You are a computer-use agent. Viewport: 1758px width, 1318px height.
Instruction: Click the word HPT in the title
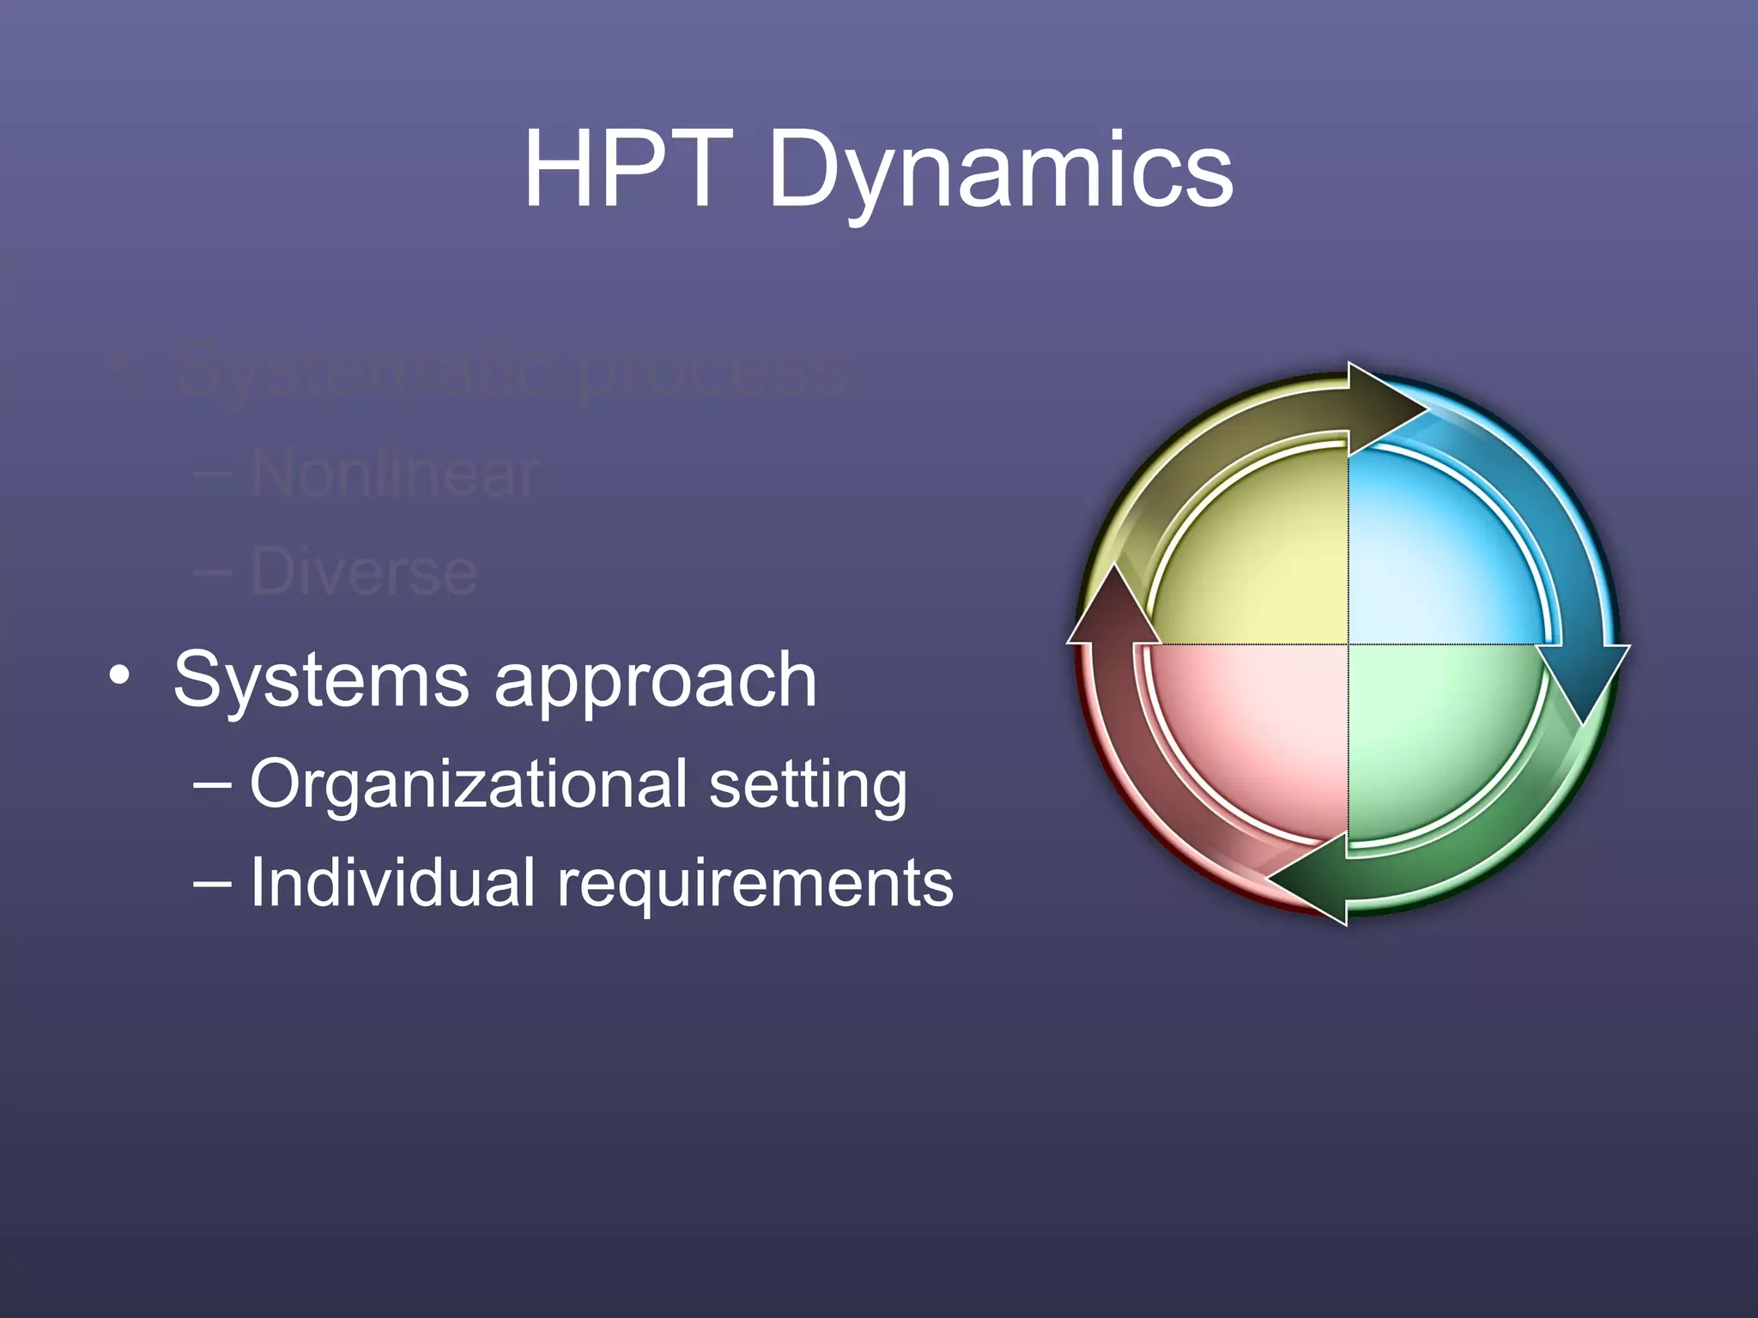tap(629, 168)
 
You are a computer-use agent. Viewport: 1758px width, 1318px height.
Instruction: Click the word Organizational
tap(469, 784)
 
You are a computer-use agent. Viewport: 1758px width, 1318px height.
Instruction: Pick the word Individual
tap(392, 882)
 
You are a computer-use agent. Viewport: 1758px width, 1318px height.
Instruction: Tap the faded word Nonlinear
tap(395, 474)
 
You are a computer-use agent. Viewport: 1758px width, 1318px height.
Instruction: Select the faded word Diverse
tap(364, 572)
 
